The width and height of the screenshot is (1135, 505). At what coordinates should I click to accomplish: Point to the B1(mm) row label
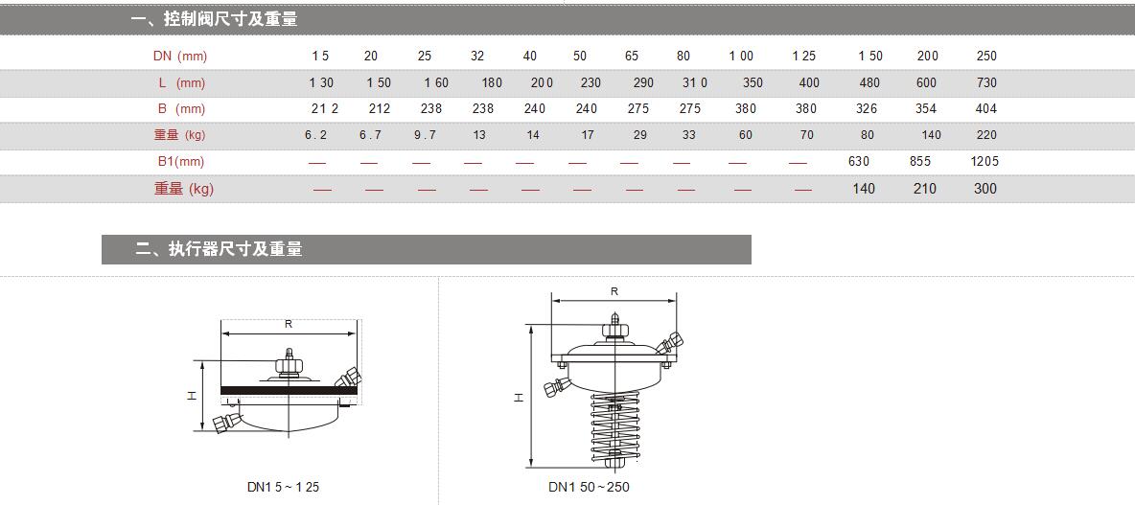[181, 161]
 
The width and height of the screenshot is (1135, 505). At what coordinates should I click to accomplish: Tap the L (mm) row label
[182, 83]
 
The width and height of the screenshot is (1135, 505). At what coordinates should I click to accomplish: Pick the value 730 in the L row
[986, 83]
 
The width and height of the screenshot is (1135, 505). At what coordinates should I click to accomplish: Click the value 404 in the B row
[986, 109]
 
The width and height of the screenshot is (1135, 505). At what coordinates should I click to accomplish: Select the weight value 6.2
[316, 135]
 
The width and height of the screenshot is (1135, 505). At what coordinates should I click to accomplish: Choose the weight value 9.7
[425, 135]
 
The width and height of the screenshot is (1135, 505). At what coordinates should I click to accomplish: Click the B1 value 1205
[984, 161]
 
